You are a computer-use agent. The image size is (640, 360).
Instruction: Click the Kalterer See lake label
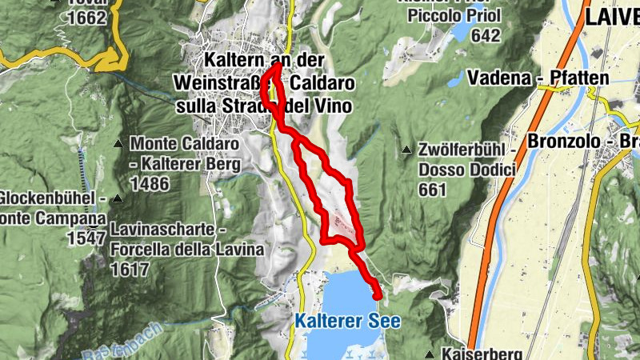coord(346,321)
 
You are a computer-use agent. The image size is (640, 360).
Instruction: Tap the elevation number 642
coord(486,35)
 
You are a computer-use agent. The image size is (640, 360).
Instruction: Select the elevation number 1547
coord(86,238)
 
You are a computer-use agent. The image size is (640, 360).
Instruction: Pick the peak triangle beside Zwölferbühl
coord(406,148)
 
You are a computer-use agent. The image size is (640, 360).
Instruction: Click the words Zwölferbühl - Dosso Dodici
coord(464,158)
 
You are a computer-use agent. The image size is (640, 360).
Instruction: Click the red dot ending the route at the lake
coord(378,296)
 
